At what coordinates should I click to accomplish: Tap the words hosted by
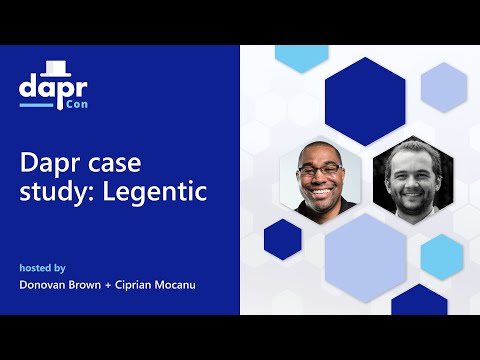[43, 268]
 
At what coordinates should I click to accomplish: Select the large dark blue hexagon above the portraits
[365, 101]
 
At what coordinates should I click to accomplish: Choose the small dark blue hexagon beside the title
[283, 239]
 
